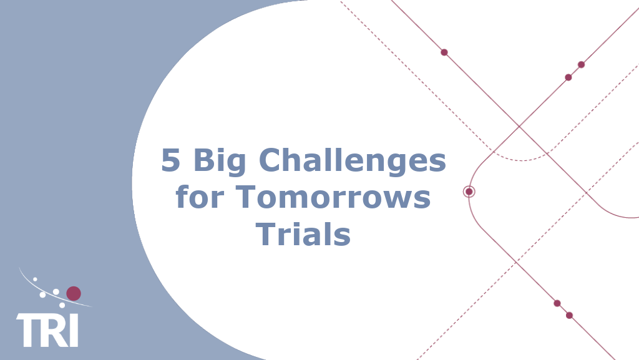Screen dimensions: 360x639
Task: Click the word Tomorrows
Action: [x=333, y=198]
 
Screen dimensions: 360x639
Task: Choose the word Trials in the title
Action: [x=303, y=234]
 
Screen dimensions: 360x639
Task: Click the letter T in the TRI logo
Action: [x=29, y=330]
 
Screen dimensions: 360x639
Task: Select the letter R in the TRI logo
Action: [x=54, y=330]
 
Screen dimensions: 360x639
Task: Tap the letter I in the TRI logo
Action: [x=74, y=330]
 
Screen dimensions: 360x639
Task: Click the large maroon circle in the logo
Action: [x=74, y=293]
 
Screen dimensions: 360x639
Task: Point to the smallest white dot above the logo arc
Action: [x=35, y=279]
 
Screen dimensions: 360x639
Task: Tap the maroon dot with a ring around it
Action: [x=469, y=192]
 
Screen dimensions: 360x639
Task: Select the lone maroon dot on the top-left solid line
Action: [x=444, y=52]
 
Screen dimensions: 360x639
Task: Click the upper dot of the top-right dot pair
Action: [x=581, y=64]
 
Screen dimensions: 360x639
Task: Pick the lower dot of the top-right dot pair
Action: [x=568, y=77]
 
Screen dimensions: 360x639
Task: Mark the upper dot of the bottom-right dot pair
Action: [x=557, y=303]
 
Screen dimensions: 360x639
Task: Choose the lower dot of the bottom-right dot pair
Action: [x=569, y=315]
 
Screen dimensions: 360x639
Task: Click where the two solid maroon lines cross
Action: [x=519, y=127]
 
